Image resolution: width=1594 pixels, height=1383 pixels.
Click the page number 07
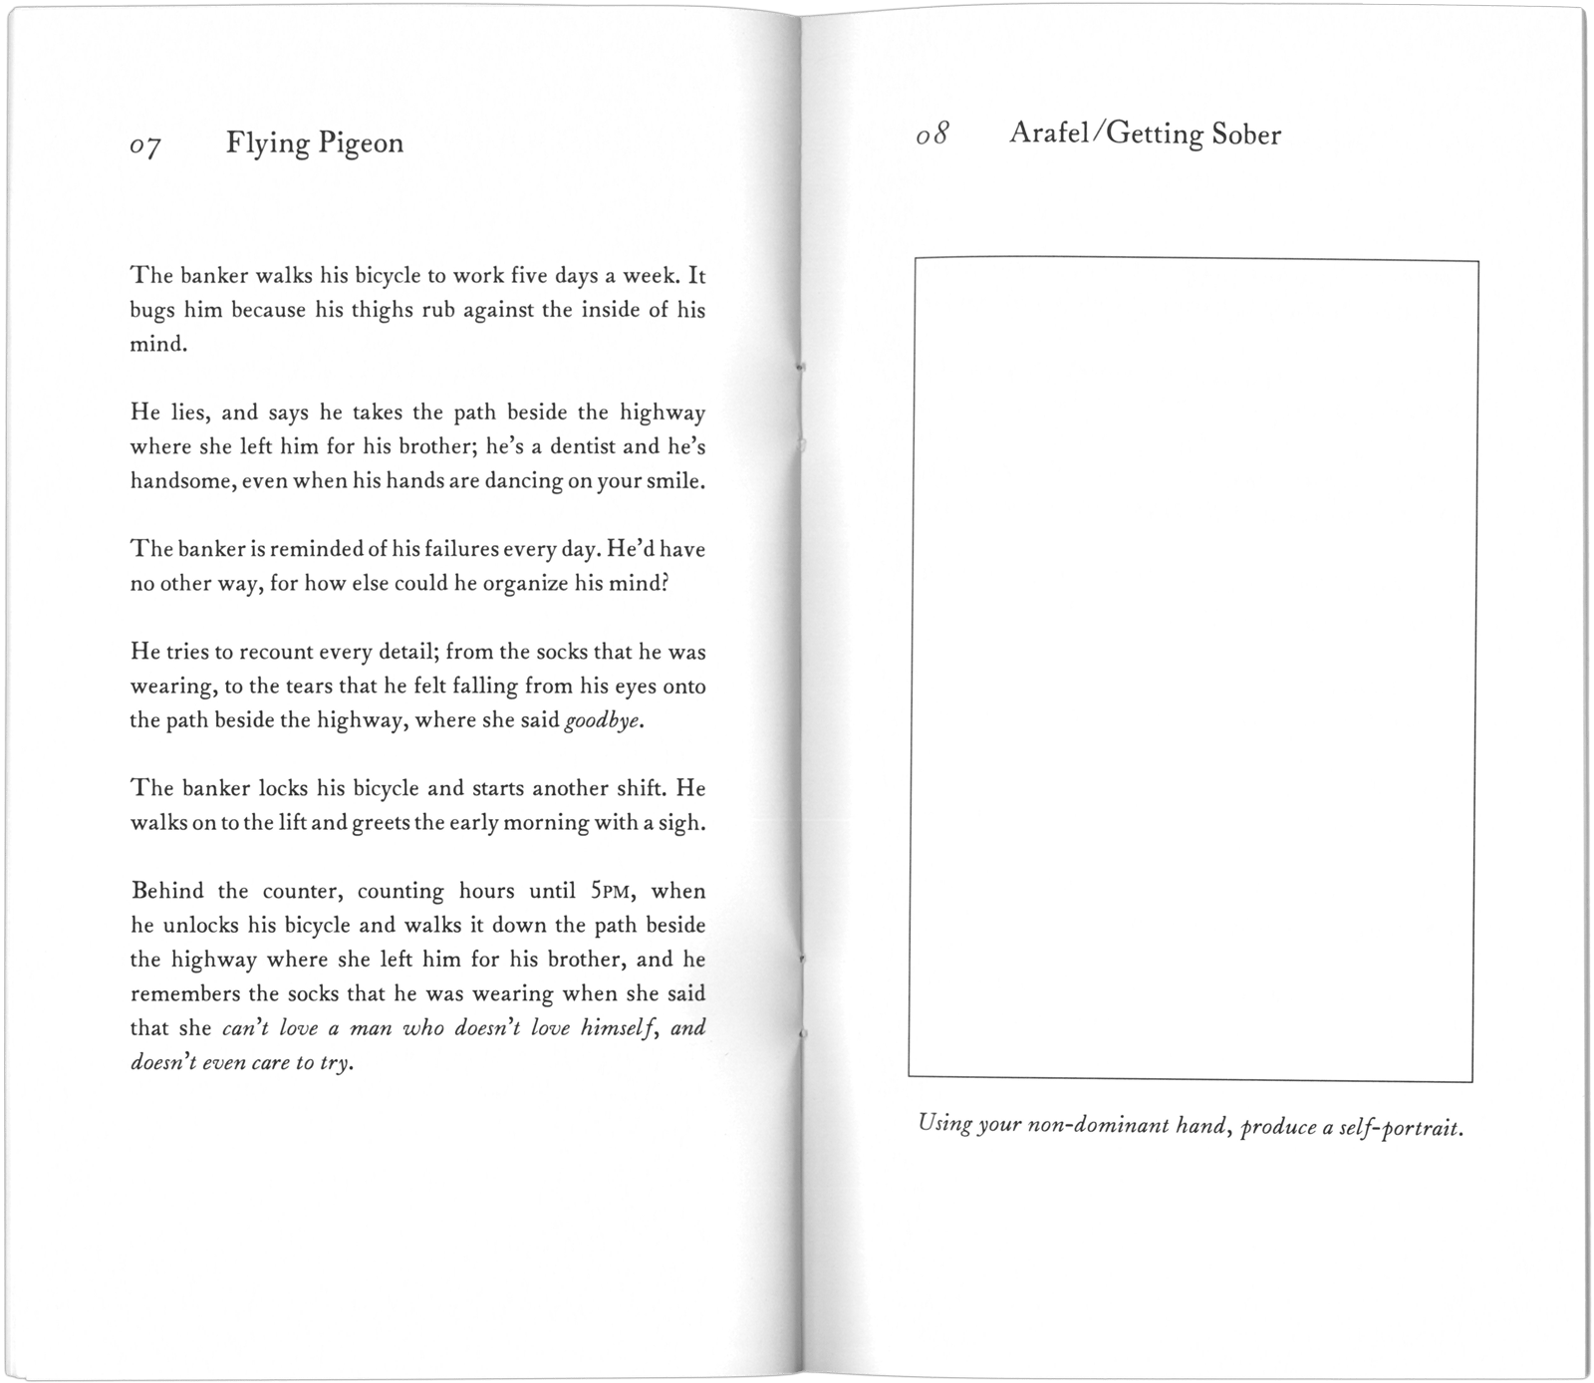[x=145, y=147]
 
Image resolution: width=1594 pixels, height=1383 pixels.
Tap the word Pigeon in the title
[x=361, y=144]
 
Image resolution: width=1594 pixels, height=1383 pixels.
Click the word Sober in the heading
[x=1246, y=136]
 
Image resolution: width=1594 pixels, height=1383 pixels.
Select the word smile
[x=675, y=480]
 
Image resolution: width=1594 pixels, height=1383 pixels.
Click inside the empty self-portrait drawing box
[x=1193, y=668]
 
